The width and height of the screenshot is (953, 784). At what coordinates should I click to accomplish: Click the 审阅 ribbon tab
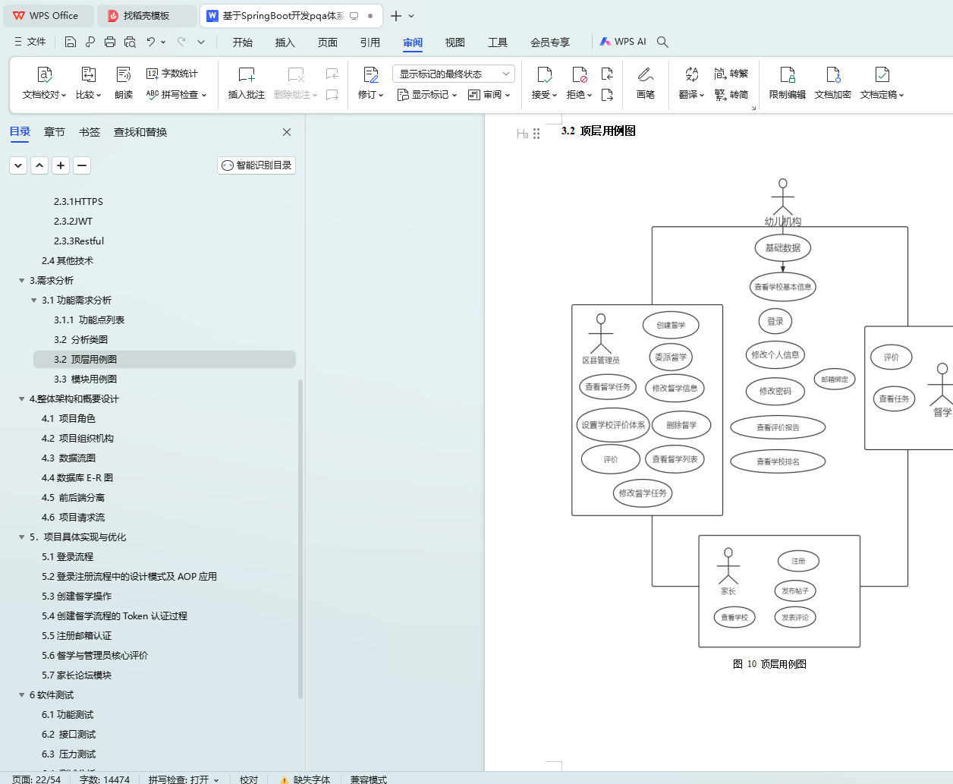pyautogui.click(x=413, y=43)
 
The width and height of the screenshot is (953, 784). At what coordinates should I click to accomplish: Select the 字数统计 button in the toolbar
pyautogui.click(x=172, y=74)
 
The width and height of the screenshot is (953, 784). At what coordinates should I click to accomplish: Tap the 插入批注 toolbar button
pyautogui.click(x=247, y=83)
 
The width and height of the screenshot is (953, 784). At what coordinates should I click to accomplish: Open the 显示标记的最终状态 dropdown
pyautogui.click(x=453, y=74)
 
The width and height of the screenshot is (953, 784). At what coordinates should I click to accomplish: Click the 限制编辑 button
pyautogui.click(x=787, y=83)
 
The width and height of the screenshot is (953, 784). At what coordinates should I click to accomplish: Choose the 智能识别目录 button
pyautogui.click(x=256, y=165)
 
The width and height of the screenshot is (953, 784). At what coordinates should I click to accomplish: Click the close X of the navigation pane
pyautogui.click(x=287, y=132)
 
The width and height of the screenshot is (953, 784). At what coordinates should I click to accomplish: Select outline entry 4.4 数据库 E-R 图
pyautogui.click(x=77, y=478)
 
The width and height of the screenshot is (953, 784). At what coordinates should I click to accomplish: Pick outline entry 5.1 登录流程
pyautogui.click(x=68, y=557)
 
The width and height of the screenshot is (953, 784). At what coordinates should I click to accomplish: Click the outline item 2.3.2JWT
pyautogui.click(x=73, y=222)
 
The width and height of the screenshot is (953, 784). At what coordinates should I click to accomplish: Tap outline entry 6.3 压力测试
pyautogui.click(x=68, y=754)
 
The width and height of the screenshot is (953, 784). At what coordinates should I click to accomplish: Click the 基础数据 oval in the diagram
pyautogui.click(x=782, y=247)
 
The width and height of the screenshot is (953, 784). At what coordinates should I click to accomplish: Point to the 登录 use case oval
pyautogui.click(x=775, y=321)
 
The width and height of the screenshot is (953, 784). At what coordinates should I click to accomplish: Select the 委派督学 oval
pyautogui.click(x=671, y=357)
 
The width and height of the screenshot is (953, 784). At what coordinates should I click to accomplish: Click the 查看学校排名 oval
pyautogui.click(x=778, y=461)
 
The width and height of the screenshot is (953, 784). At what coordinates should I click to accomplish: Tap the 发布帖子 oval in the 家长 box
pyautogui.click(x=795, y=590)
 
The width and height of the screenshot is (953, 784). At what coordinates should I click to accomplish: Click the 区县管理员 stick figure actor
pyautogui.click(x=601, y=334)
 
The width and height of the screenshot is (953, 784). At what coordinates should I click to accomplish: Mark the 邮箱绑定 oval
pyautogui.click(x=835, y=379)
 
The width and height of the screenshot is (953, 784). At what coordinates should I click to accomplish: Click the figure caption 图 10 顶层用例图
pyautogui.click(x=769, y=664)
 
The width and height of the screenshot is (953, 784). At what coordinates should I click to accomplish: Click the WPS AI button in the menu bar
pyautogui.click(x=623, y=42)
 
